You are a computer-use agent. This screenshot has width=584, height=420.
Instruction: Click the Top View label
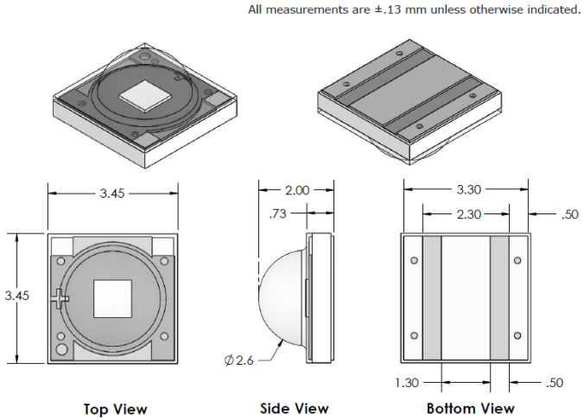115,409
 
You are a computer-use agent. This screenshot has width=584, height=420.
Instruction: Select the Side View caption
294,409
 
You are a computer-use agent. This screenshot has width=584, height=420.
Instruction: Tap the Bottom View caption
470,409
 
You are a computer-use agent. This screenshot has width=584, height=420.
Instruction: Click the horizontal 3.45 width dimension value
112,194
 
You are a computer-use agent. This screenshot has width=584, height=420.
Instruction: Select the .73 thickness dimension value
276,212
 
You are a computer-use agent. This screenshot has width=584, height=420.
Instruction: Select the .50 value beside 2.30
568,213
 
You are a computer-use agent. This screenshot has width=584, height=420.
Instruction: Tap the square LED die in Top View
112,298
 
